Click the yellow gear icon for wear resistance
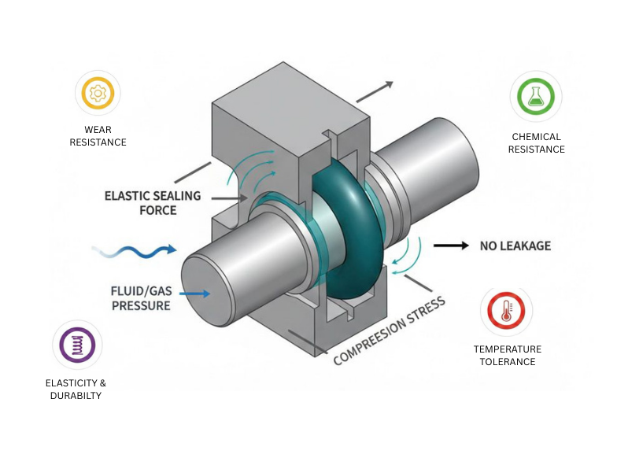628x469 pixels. pyautogui.click(x=98, y=94)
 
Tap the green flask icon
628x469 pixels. pyautogui.click(x=535, y=97)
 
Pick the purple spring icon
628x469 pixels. pyautogui.click(x=76, y=345)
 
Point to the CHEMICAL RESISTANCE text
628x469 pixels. pyautogui.click(x=536, y=142)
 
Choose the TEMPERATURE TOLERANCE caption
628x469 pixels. pyautogui.click(x=507, y=355)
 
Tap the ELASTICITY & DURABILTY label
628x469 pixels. pyautogui.click(x=76, y=389)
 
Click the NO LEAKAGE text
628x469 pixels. pyautogui.click(x=515, y=246)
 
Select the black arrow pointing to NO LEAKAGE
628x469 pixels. pyautogui.click(x=450, y=246)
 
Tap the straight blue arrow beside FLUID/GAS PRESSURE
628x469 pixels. pyautogui.click(x=194, y=294)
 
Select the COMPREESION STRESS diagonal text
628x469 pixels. pyautogui.click(x=389, y=331)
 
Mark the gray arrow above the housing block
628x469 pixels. pyautogui.click(x=373, y=91)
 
